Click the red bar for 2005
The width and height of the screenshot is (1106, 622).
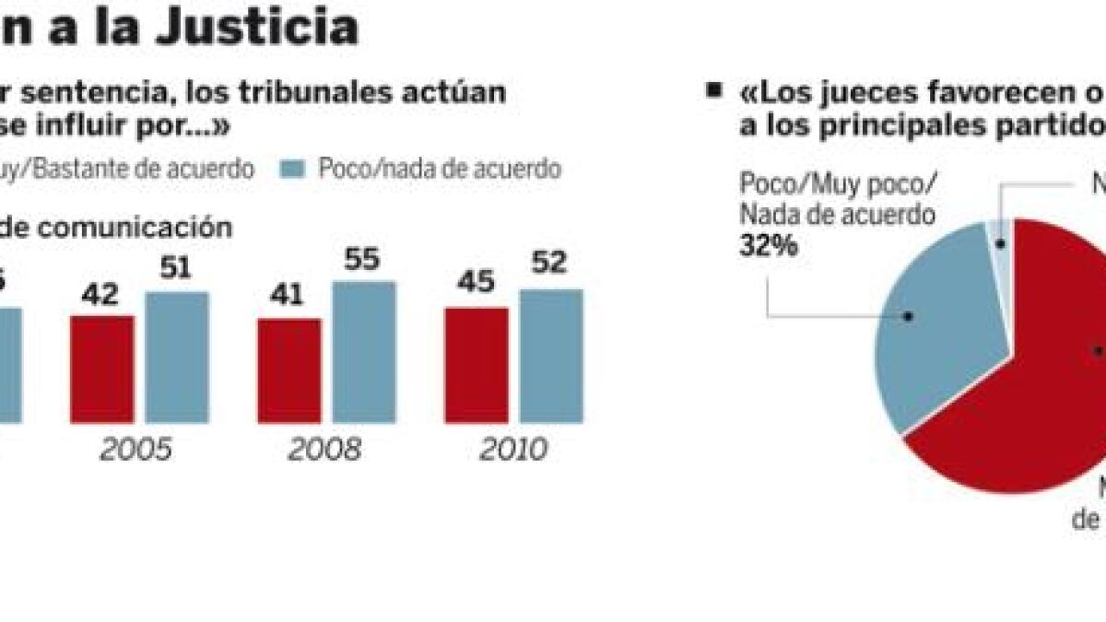click(x=102, y=370)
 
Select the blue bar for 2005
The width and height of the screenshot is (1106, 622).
click(x=177, y=358)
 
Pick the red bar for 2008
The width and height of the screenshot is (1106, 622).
click(x=289, y=370)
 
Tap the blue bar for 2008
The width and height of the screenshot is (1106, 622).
click(x=364, y=352)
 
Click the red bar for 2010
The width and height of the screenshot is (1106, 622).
click(x=477, y=366)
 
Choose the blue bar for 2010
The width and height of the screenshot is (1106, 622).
click(x=551, y=356)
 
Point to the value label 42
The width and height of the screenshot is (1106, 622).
click(x=102, y=297)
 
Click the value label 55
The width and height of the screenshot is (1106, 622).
click(x=364, y=262)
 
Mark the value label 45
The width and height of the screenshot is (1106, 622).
click(x=477, y=289)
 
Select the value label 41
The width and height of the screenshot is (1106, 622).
click(x=289, y=299)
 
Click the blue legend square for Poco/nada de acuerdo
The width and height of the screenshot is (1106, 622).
click(x=293, y=169)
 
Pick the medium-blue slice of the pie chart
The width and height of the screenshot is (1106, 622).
click(x=931, y=323)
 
